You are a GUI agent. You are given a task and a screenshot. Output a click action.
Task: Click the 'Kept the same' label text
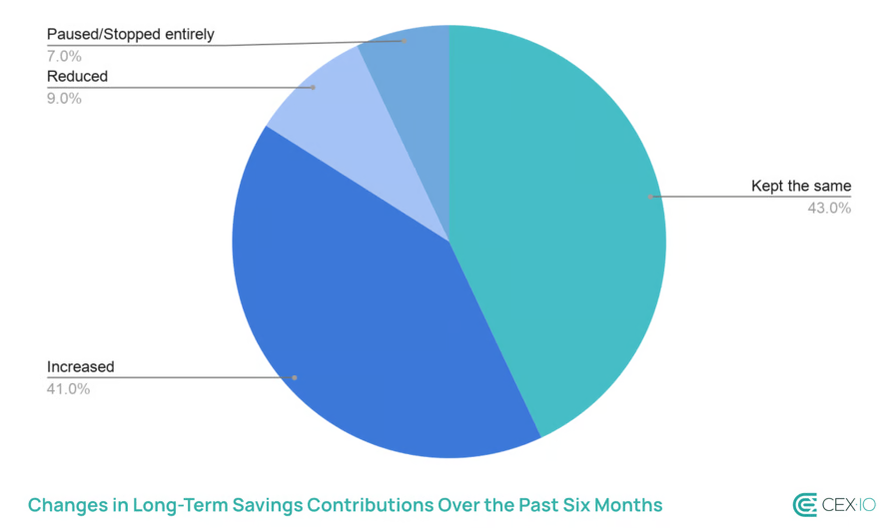click(x=800, y=187)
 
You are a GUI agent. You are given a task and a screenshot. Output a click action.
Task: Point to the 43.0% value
click(x=829, y=209)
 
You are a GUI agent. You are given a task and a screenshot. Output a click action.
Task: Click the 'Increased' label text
click(x=81, y=366)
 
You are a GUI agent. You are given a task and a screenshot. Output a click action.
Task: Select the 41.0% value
click(x=69, y=388)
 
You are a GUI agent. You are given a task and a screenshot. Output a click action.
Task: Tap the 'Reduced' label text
click(x=77, y=77)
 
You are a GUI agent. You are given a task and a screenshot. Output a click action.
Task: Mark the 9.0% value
click(x=65, y=98)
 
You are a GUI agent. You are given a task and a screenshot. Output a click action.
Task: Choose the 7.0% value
click(x=65, y=56)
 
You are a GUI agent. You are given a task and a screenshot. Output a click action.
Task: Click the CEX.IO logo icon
click(x=804, y=504)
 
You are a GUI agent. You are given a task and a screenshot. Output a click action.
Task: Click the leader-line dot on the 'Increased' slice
click(x=295, y=377)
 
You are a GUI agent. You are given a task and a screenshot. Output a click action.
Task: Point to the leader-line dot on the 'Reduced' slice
click(x=313, y=88)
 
